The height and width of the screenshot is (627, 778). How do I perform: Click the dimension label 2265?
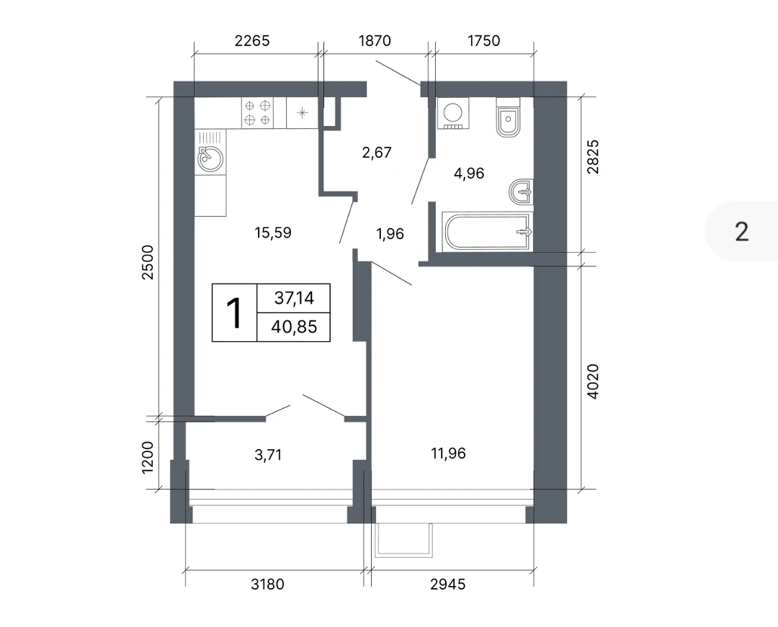pos(252,40)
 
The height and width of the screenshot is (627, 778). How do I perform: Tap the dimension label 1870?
pos(375,40)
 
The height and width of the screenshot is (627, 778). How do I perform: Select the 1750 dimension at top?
pos(484,40)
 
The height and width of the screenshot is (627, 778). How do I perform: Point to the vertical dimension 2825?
pos(593,157)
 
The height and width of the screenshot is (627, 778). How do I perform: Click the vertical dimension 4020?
pos(593,382)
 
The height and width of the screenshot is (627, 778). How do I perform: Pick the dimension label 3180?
pos(267,585)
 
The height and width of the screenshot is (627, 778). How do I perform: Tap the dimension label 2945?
pos(447,585)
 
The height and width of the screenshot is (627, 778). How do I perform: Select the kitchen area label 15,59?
pos(273,233)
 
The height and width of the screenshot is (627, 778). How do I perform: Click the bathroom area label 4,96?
pos(469,173)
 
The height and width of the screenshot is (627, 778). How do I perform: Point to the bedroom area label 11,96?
pos(449,454)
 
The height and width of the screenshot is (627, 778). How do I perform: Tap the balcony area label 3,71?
pos(268,454)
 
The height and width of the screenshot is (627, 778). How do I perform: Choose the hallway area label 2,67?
pos(377,153)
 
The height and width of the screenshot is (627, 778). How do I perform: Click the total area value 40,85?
pos(294,327)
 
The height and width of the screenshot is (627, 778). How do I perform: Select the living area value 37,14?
pos(294,298)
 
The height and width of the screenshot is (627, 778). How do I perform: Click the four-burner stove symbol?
pos(257,112)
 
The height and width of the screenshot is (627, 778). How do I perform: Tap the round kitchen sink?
pos(210,159)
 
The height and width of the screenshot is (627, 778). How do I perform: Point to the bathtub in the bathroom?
pos(487,232)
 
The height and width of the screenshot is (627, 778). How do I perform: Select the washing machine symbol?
pos(453,113)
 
